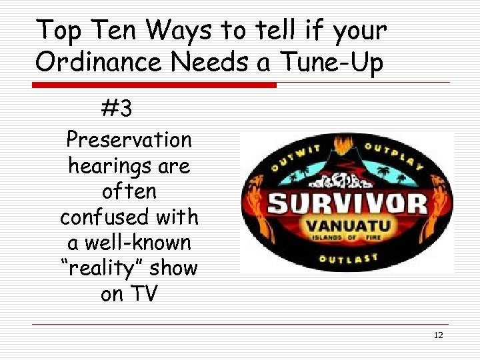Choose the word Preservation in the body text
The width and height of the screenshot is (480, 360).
[129, 140]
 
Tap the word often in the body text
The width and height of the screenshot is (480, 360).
[129, 191]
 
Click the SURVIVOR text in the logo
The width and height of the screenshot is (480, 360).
[346, 202]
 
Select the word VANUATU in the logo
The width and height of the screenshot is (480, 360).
[346, 225]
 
